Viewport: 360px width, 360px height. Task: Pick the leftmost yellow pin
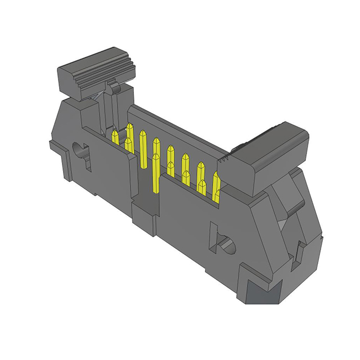(x=115, y=138)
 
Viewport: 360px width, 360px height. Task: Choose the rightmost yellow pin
(x=215, y=183)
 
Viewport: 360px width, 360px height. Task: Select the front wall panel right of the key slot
(x=186, y=219)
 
